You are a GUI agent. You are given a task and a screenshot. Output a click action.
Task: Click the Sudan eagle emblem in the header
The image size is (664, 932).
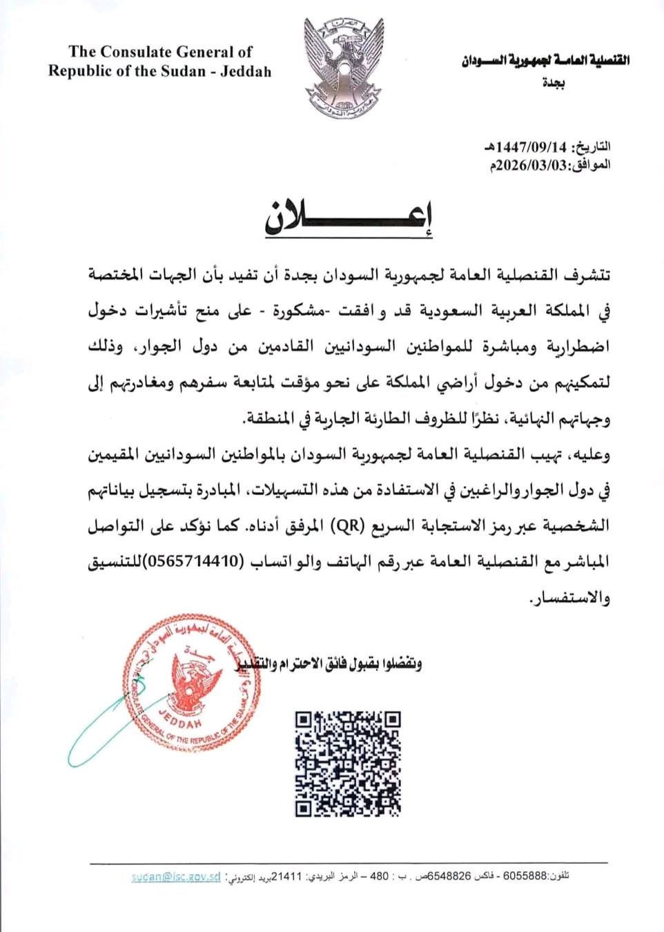click(343, 68)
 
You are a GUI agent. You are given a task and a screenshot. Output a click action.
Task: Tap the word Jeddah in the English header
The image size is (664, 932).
click(246, 72)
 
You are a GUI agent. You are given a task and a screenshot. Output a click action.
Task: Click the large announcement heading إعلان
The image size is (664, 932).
click(349, 217)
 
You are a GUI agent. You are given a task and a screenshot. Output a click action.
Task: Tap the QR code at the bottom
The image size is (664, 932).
click(348, 764)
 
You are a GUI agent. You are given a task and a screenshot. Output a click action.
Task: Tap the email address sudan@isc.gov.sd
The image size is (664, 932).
click(176, 877)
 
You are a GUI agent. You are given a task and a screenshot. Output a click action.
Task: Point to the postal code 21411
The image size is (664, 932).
click(288, 877)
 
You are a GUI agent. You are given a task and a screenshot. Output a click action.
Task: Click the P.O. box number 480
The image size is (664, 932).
click(380, 877)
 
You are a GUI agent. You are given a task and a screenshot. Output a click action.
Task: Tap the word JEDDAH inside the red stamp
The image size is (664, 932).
click(179, 719)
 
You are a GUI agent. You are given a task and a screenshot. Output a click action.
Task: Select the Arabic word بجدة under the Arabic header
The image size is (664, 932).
click(553, 84)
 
